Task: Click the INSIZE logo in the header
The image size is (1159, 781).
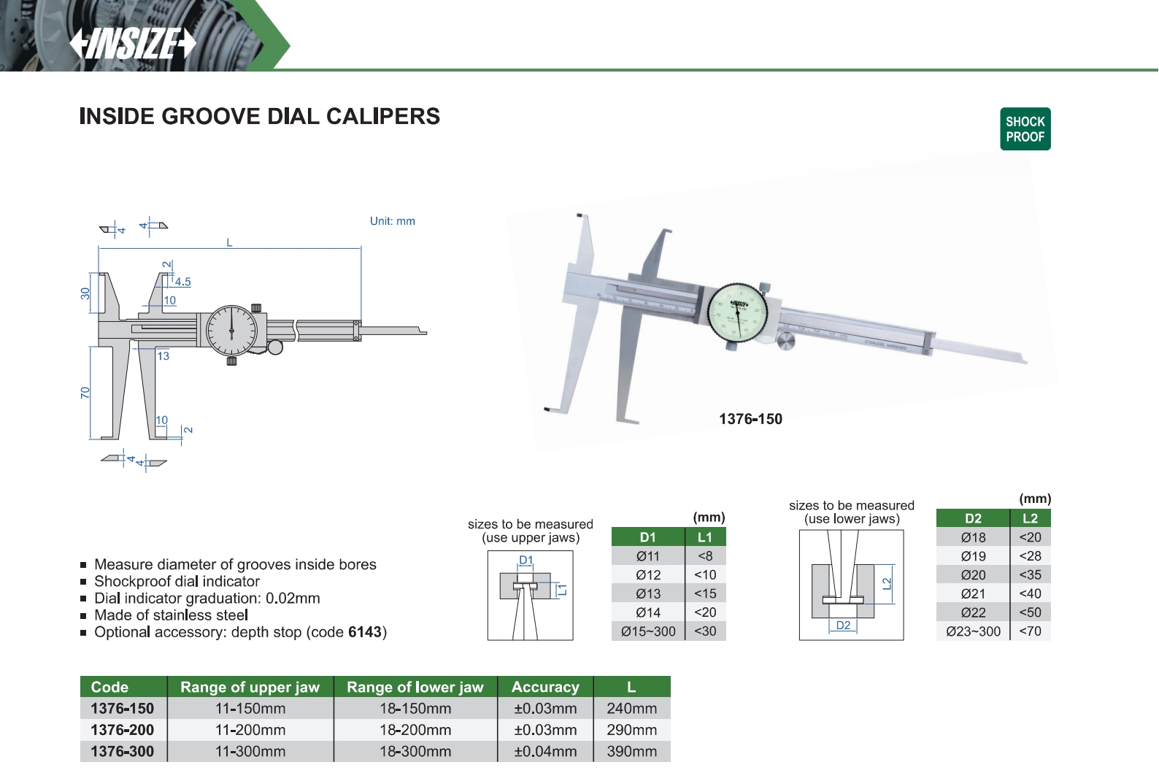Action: coord(133,43)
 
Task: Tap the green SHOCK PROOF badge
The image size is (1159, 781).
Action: coord(1025,129)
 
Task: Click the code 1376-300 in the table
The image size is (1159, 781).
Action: coord(123,751)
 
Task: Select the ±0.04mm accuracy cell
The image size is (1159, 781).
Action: coord(545,751)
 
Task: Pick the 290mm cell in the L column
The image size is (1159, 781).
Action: coord(632,730)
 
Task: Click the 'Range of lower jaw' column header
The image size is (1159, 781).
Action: coord(415,687)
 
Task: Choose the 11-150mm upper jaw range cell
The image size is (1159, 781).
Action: coord(250,708)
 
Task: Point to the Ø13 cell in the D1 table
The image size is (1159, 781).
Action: coord(648,593)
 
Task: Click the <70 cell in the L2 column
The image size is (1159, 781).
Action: coord(1030,631)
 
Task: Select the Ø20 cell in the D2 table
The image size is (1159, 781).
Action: coord(973,574)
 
